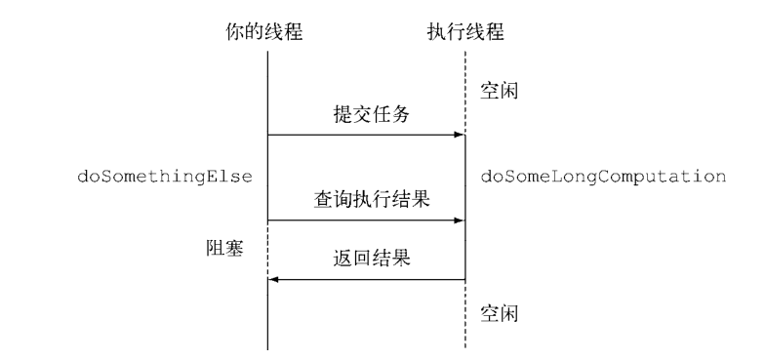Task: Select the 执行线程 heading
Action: [x=465, y=30]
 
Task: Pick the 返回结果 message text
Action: [x=367, y=260]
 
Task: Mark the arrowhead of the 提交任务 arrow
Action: [x=459, y=135]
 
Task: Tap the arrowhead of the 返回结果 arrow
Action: [x=274, y=280]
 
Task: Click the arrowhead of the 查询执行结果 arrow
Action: [x=459, y=220]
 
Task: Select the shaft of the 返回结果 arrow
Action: [x=371, y=280]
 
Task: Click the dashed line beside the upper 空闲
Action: [x=464, y=93]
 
